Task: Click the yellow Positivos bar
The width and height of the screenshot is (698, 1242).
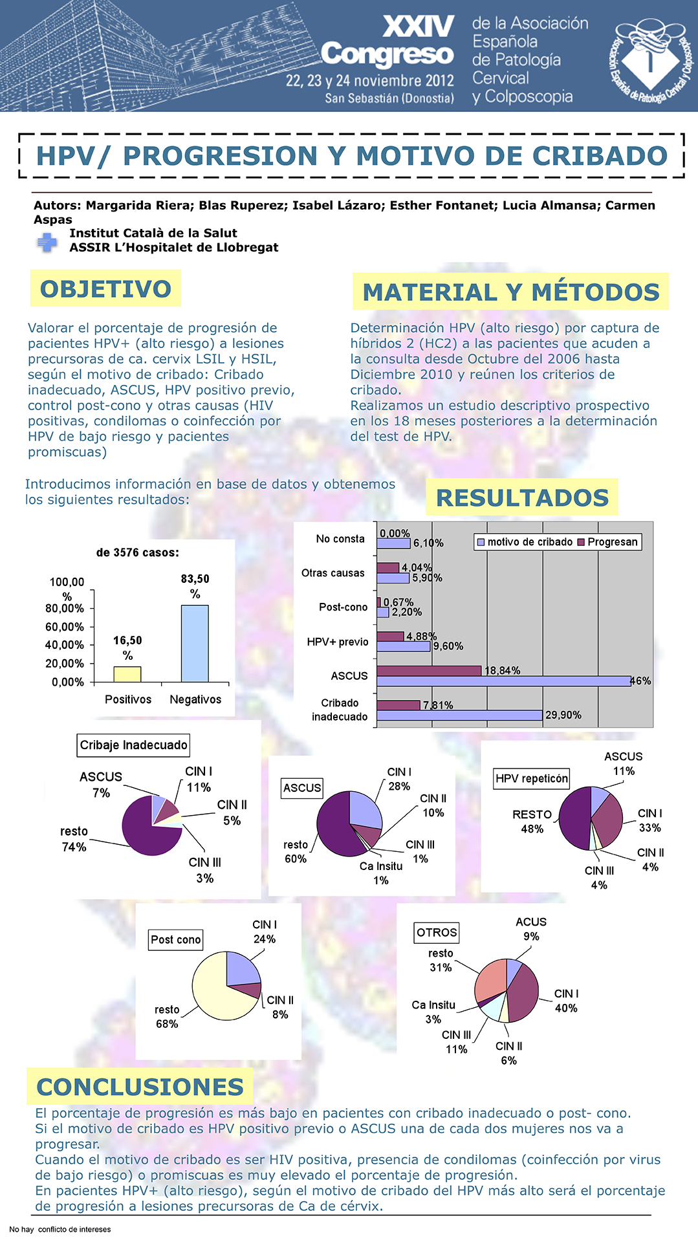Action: click(x=127, y=674)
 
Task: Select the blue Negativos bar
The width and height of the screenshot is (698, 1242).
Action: click(x=195, y=644)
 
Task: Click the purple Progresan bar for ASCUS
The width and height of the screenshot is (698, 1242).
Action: click(x=429, y=671)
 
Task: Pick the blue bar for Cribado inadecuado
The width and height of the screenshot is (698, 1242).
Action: click(x=459, y=715)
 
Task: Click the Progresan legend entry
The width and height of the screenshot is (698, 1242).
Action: click(x=608, y=542)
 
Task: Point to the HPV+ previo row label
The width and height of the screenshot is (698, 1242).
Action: click(x=338, y=642)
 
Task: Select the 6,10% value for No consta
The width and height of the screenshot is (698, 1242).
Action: click(x=428, y=543)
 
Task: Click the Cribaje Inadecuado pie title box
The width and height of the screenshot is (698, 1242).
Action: click(x=134, y=745)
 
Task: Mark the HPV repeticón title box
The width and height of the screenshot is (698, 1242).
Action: click(x=532, y=779)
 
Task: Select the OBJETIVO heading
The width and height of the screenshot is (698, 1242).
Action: click(x=105, y=289)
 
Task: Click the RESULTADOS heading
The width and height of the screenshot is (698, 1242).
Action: click(x=523, y=497)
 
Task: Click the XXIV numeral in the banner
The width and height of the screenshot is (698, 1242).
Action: click(x=419, y=27)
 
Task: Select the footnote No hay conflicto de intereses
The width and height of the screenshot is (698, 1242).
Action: click(x=60, y=1229)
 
